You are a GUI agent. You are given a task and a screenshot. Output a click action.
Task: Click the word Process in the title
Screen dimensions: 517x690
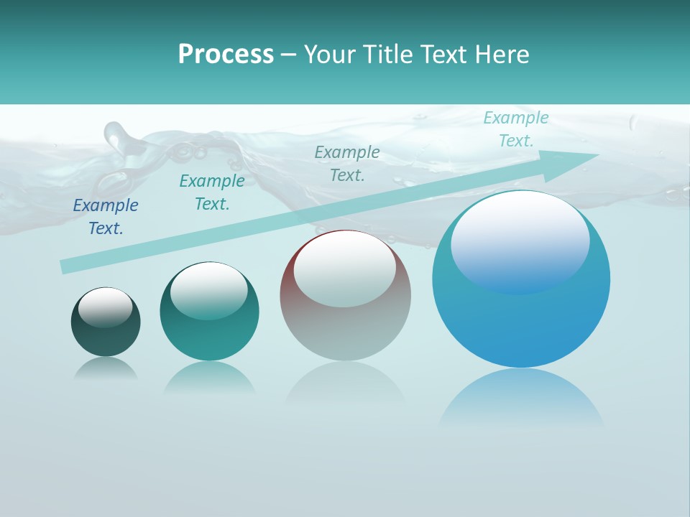(x=226, y=55)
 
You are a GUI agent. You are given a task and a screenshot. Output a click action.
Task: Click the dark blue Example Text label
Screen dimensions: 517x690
(x=106, y=217)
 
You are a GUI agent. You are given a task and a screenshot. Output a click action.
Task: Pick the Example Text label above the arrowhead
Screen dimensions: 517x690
(x=516, y=129)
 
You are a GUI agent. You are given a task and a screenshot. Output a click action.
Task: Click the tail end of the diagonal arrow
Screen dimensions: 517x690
(x=66, y=266)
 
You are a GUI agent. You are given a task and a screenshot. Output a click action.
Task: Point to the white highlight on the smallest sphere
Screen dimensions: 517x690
(x=105, y=307)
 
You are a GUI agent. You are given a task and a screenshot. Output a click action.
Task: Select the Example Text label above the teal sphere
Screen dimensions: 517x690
(x=212, y=192)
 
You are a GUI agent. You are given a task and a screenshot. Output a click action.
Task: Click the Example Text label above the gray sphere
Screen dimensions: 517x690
(x=347, y=164)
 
